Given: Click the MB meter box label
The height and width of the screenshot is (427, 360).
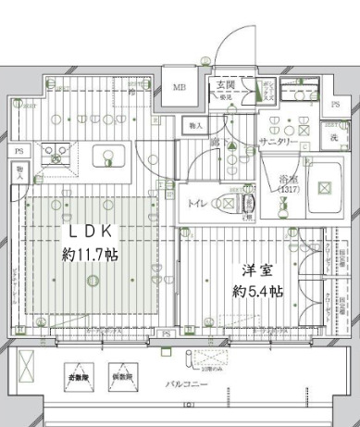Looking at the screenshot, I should (x=180, y=90).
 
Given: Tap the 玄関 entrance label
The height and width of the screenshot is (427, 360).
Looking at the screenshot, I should (x=225, y=86).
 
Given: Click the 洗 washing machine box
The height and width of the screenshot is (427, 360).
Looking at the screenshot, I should (x=333, y=137).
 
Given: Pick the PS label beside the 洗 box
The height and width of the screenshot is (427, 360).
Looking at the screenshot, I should (x=335, y=104).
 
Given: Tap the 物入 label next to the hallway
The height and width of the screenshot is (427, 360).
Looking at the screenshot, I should (x=194, y=124).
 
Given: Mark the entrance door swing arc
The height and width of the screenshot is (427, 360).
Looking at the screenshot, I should (x=227, y=42).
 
